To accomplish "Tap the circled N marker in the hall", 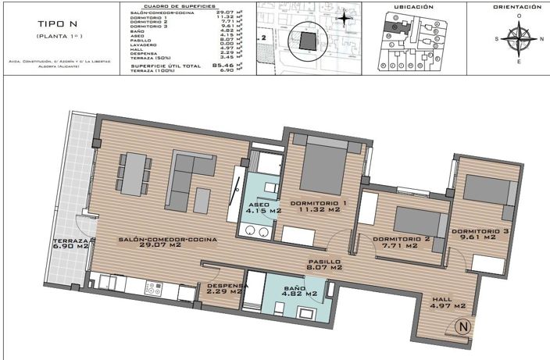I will click(462, 328).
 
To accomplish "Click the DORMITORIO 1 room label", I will click(318, 204).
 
